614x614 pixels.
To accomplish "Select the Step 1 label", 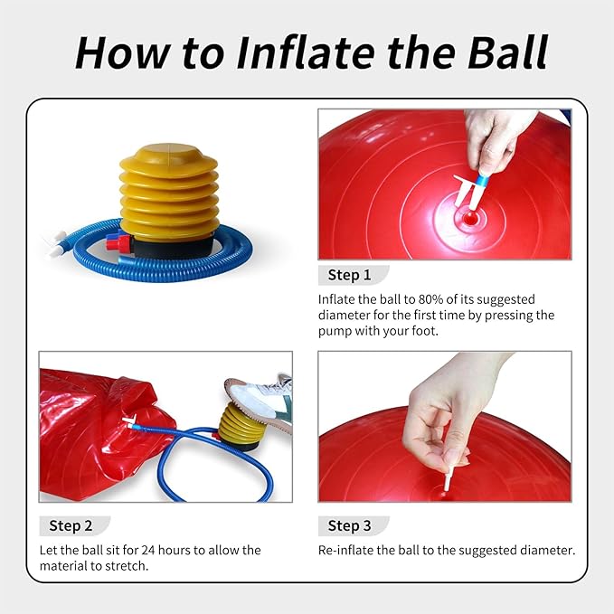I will tap(350, 275).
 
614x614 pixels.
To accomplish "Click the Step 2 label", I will tap(71, 525).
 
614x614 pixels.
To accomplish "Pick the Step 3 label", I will tap(350, 525).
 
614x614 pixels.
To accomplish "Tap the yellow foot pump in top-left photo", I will tap(168, 192).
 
